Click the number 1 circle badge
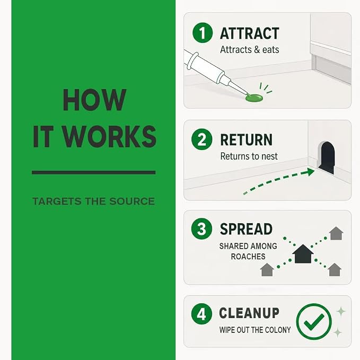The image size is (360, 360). tap(203, 32)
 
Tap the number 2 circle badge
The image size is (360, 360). tap(202, 139)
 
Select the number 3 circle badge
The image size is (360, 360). tap(201, 229)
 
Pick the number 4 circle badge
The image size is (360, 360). tap(201, 314)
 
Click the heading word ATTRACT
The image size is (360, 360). tap(250, 33)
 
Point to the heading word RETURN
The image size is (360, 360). tap(246, 139)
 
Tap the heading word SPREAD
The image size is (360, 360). tap(246, 229)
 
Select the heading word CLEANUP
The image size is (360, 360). tap(249, 313)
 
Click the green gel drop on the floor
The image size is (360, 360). tap(254, 98)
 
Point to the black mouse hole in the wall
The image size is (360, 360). tap(327, 157)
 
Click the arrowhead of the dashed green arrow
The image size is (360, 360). tap(310, 172)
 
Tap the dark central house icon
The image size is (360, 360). tap(303, 254)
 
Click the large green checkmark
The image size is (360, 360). tap(314, 321)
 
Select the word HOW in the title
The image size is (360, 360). tap(94, 100)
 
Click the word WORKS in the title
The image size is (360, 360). tap(110, 136)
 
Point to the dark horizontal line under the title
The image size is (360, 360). tap(94, 172)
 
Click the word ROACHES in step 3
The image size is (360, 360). tap(248, 257)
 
